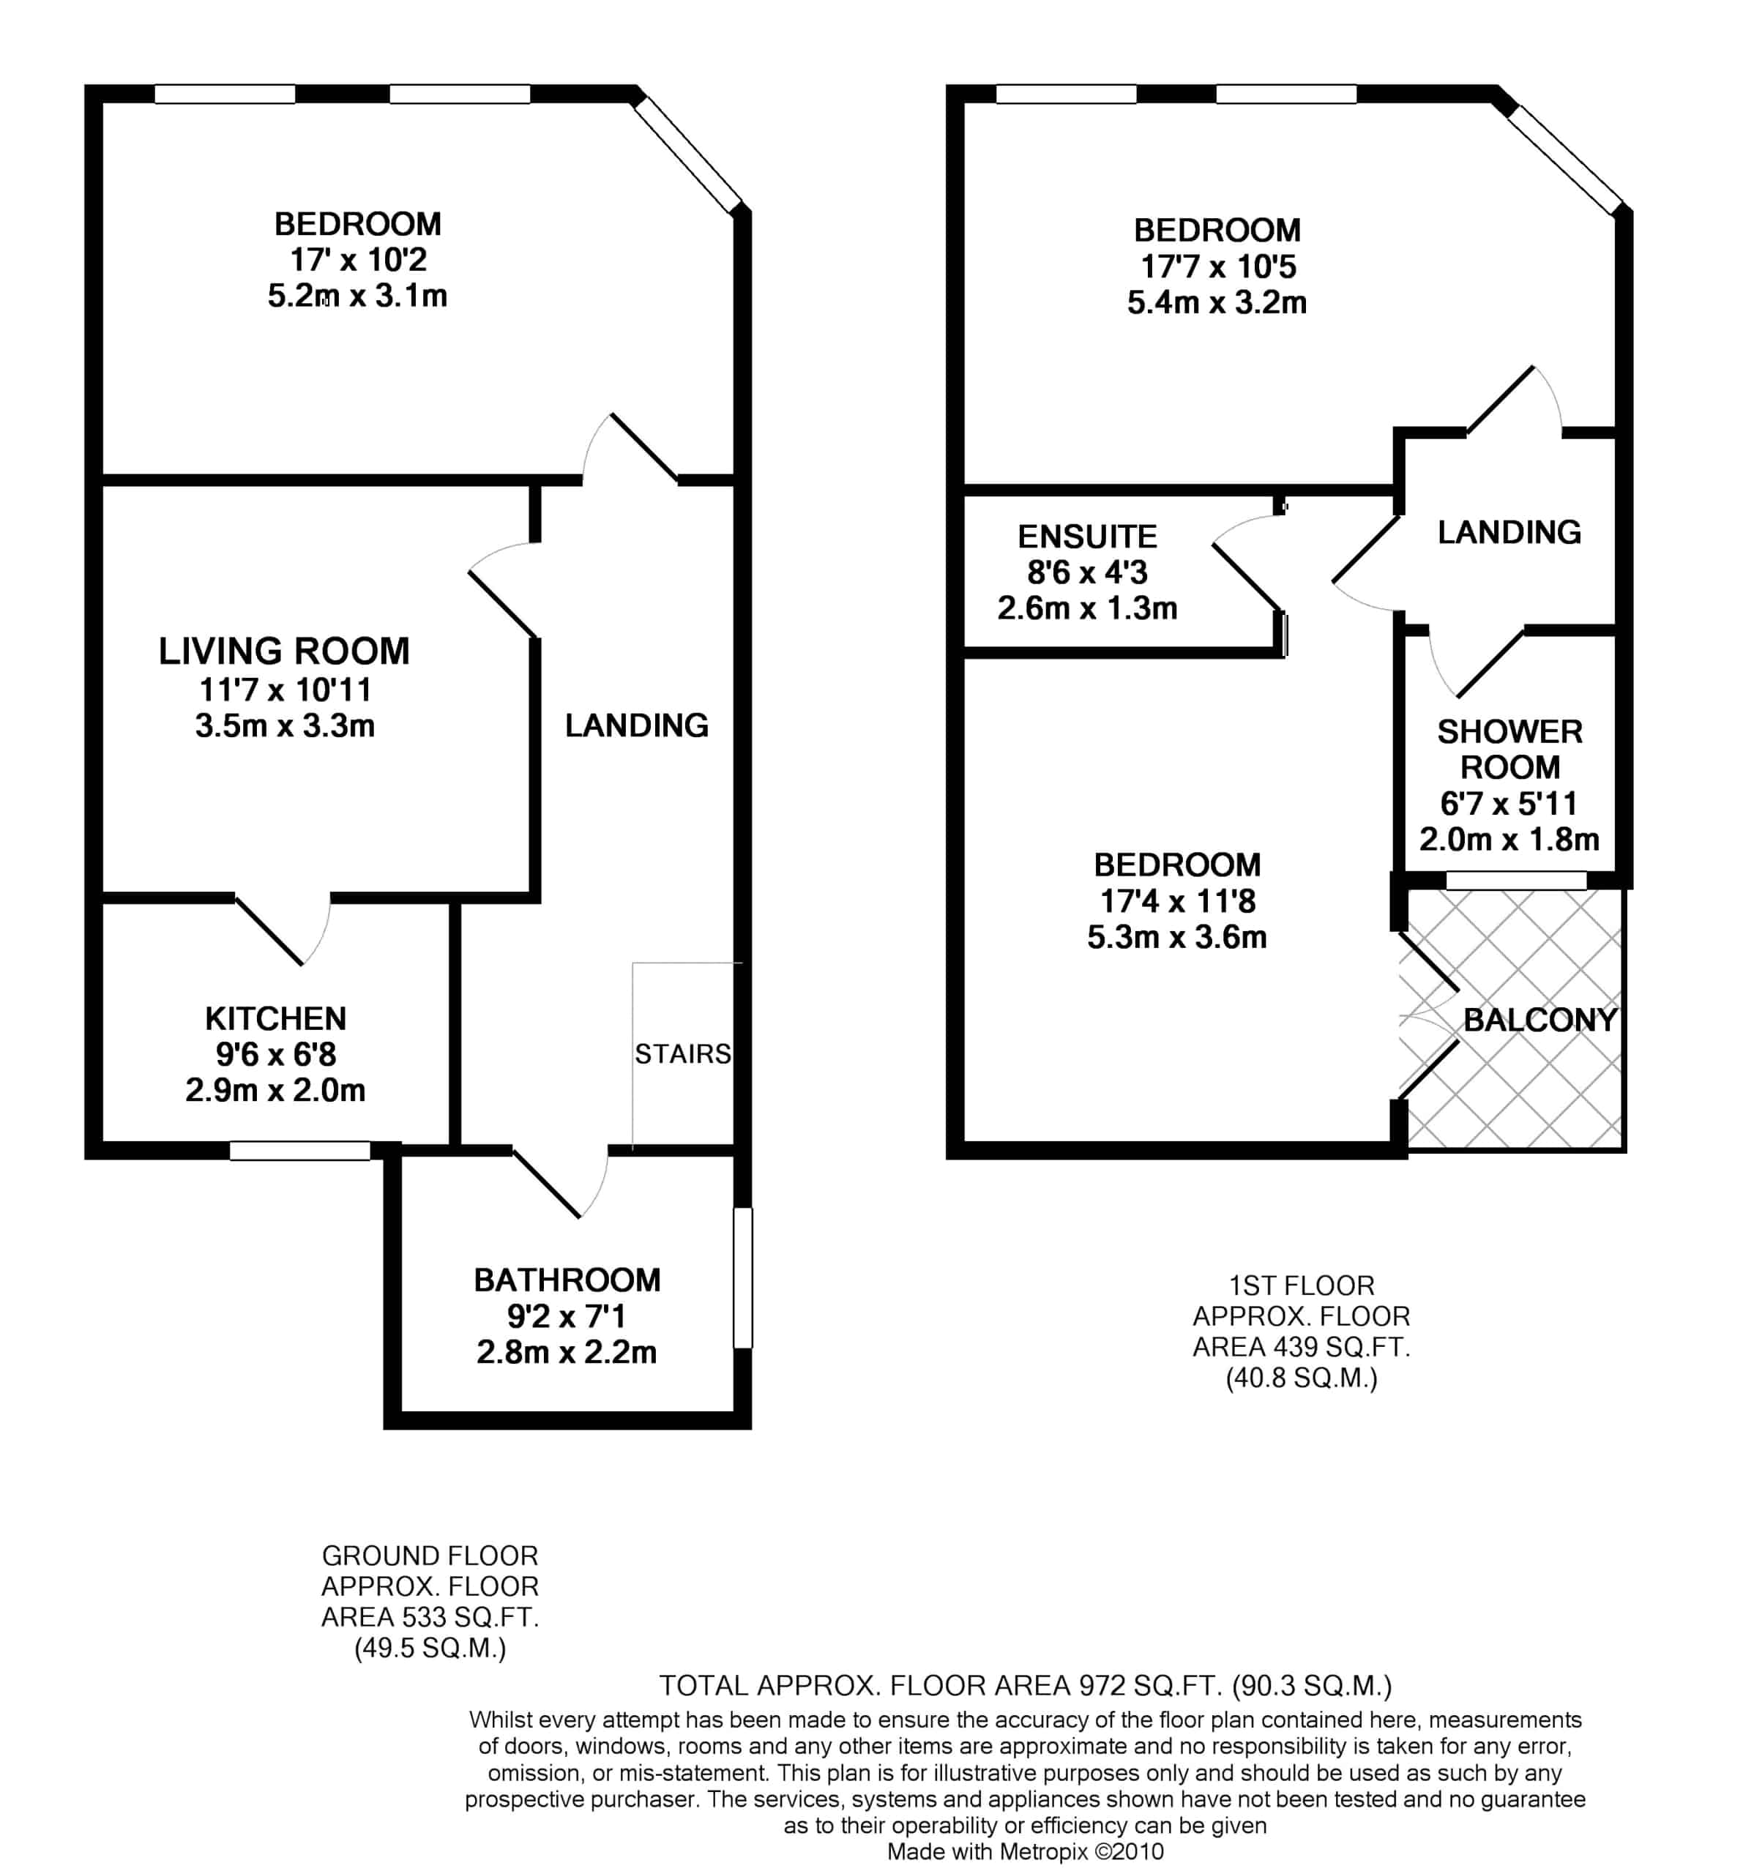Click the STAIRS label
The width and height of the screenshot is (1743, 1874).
pos(682,1054)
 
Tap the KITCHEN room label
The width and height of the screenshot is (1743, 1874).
pos(275,1018)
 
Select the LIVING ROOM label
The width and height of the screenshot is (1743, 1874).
pos(284,651)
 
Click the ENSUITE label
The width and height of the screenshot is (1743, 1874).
pos(1087,537)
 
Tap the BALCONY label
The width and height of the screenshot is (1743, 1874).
pos(1539,1019)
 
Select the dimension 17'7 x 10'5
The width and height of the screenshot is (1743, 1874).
pos(1217,266)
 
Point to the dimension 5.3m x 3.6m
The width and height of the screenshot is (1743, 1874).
pos(1176,937)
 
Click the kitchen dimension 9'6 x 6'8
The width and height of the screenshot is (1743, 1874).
pos(275,1054)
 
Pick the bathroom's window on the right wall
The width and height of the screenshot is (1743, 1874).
pos(743,1277)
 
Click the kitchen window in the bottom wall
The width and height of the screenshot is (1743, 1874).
pos(299,1150)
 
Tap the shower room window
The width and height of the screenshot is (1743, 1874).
pos(1516,881)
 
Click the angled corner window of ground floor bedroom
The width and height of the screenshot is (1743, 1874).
pos(688,154)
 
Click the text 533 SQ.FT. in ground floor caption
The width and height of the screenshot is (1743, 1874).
pos(471,1618)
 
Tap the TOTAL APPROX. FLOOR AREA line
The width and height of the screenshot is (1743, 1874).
pos(1025,1684)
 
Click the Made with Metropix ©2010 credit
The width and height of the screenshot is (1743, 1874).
pos(1025,1851)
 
